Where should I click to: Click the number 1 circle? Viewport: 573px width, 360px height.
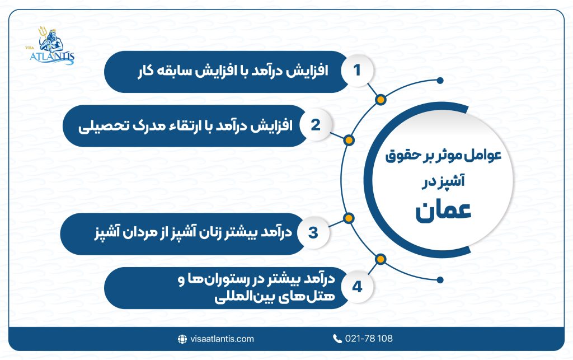[x=356, y=72]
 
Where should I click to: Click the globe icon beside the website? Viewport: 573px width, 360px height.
[x=182, y=339]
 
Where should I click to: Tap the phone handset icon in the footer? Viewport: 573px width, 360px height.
[x=337, y=339]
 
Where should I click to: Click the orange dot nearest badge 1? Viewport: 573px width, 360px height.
[x=381, y=100]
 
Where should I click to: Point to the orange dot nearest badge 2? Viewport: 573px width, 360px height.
[x=348, y=140]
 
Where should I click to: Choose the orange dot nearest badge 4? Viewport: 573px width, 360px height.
[x=381, y=259]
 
